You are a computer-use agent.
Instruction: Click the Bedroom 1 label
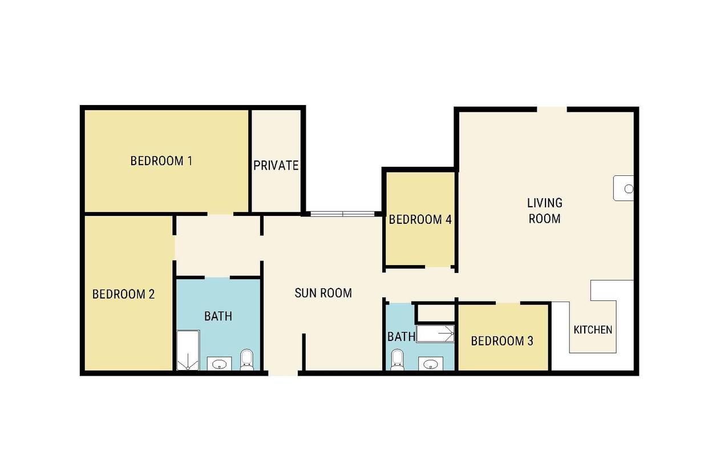[161, 161]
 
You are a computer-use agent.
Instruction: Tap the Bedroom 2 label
[124, 294]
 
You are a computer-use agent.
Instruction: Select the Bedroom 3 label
[502, 341]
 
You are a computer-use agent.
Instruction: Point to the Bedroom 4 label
[420, 220]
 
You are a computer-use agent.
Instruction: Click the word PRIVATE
[276, 166]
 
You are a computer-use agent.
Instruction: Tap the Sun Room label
[323, 293]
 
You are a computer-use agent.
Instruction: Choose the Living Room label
[545, 211]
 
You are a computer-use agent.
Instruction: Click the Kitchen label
[593, 330]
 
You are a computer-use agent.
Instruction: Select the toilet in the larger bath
[246, 360]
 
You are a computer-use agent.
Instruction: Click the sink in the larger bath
[220, 364]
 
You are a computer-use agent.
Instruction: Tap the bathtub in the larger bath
[188, 350]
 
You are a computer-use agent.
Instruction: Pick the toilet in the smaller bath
[397, 360]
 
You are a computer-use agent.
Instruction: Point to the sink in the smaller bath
[431, 364]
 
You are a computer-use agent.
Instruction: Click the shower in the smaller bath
[435, 334]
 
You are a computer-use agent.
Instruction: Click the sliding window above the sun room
[342, 214]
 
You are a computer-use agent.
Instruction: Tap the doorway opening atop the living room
[552, 110]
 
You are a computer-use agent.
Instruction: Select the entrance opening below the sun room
[283, 373]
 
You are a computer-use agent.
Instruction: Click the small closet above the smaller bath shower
[436, 313]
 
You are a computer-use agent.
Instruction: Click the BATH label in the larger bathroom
[218, 316]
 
